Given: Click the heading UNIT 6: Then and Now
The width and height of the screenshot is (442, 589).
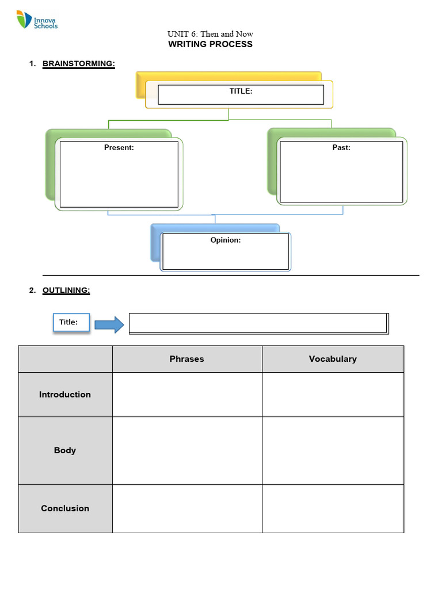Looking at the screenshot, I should pyautogui.click(x=210, y=34).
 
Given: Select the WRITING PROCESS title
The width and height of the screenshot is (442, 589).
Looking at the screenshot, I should pyautogui.click(x=210, y=44).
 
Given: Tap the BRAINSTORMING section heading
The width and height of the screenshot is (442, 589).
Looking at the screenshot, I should pyautogui.click(x=78, y=64).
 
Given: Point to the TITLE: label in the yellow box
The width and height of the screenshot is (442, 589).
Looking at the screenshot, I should pyautogui.click(x=241, y=91).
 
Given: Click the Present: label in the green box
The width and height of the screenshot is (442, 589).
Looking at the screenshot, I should pyautogui.click(x=119, y=148).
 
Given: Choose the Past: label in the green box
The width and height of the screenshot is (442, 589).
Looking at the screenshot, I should pyautogui.click(x=341, y=148).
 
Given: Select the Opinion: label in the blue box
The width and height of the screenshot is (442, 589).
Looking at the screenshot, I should pyautogui.click(x=225, y=240).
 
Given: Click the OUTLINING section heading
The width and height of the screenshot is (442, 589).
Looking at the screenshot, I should pyautogui.click(x=66, y=290).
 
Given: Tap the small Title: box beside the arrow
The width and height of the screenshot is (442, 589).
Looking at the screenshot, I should pyautogui.click(x=71, y=322).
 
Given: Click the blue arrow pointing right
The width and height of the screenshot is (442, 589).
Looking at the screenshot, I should pyautogui.click(x=109, y=324).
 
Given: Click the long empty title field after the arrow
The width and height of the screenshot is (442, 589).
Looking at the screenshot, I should pyautogui.click(x=258, y=324).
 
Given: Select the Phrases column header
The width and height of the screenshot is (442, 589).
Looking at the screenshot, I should pyautogui.click(x=187, y=359).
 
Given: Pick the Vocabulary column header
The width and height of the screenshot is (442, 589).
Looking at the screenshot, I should pyautogui.click(x=333, y=359).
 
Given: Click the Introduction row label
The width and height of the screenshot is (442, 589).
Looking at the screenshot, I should pyautogui.click(x=65, y=395).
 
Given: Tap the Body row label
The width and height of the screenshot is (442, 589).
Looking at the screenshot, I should pyautogui.click(x=65, y=450).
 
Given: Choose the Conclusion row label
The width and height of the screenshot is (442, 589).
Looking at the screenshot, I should pyautogui.click(x=65, y=508).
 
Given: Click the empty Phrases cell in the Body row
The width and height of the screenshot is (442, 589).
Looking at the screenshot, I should pyautogui.click(x=187, y=450).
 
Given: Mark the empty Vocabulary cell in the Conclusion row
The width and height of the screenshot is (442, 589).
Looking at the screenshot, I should pyautogui.click(x=333, y=508).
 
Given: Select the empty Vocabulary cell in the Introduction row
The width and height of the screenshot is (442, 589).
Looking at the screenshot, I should pyautogui.click(x=333, y=395).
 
